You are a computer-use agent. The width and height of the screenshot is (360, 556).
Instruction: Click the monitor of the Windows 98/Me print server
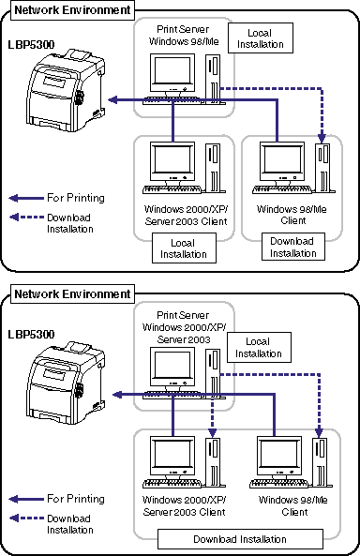pyautogui.click(x=172, y=74)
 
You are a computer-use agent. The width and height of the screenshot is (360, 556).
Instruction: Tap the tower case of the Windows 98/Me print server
pyautogui.click(x=213, y=79)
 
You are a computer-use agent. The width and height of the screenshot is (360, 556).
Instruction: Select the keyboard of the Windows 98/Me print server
pyautogui.click(x=172, y=100)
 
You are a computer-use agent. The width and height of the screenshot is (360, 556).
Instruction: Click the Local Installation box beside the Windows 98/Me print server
pyautogui.click(x=261, y=38)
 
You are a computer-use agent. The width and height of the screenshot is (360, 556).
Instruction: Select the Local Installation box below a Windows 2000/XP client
pyautogui.click(x=184, y=248)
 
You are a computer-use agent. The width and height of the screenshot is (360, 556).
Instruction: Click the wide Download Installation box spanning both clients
pyautogui.click(x=240, y=539)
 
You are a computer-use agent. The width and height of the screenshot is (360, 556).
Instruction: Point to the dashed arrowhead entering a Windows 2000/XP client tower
pyautogui.click(x=212, y=432)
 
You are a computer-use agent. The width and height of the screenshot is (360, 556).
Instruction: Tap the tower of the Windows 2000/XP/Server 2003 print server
pyautogui.click(x=213, y=373)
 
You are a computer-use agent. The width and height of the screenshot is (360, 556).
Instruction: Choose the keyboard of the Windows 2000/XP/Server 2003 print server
pyautogui.click(x=172, y=395)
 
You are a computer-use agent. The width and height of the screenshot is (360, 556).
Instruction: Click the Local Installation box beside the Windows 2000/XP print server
pyautogui.click(x=259, y=348)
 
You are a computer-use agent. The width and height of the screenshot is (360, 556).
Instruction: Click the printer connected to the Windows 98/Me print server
pyautogui.click(x=66, y=91)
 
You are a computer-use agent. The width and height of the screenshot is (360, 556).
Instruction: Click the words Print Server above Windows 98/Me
pyautogui.click(x=183, y=29)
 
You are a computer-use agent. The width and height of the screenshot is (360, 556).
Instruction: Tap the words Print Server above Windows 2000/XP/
pyautogui.click(x=183, y=315)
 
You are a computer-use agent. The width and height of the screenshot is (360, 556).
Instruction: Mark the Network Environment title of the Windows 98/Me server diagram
pyautogui.click(x=72, y=10)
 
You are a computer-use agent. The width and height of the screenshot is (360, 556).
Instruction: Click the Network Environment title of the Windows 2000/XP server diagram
pyautogui.click(x=72, y=294)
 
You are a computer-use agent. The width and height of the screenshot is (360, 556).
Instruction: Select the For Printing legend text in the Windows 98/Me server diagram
pyautogui.click(x=76, y=198)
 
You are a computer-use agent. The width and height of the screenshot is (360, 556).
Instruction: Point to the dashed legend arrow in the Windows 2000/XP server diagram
pyautogui.click(x=26, y=518)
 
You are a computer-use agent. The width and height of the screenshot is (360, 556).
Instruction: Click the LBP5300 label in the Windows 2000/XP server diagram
pyautogui.click(x=31, y=334)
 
